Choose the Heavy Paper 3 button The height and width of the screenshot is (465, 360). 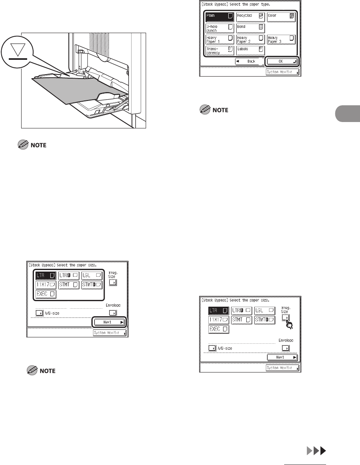coord(281,39)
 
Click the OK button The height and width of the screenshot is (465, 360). coord(281,62)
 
